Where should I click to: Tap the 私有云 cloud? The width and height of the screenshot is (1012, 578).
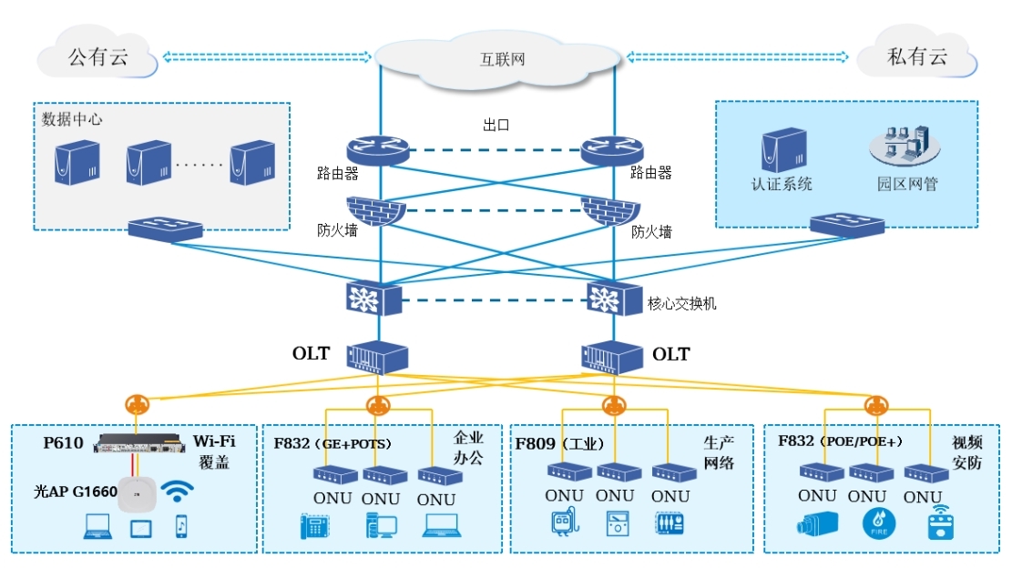tap(917, 56)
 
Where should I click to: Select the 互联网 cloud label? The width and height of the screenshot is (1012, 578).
tap(503, 60)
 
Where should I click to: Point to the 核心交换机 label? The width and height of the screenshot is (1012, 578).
tap(681, 303)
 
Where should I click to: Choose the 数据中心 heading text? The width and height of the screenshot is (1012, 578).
tap(72, 119)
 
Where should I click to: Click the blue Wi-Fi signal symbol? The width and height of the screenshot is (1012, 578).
tap(177, 492)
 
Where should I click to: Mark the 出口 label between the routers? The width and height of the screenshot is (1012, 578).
tap(496, 125)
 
